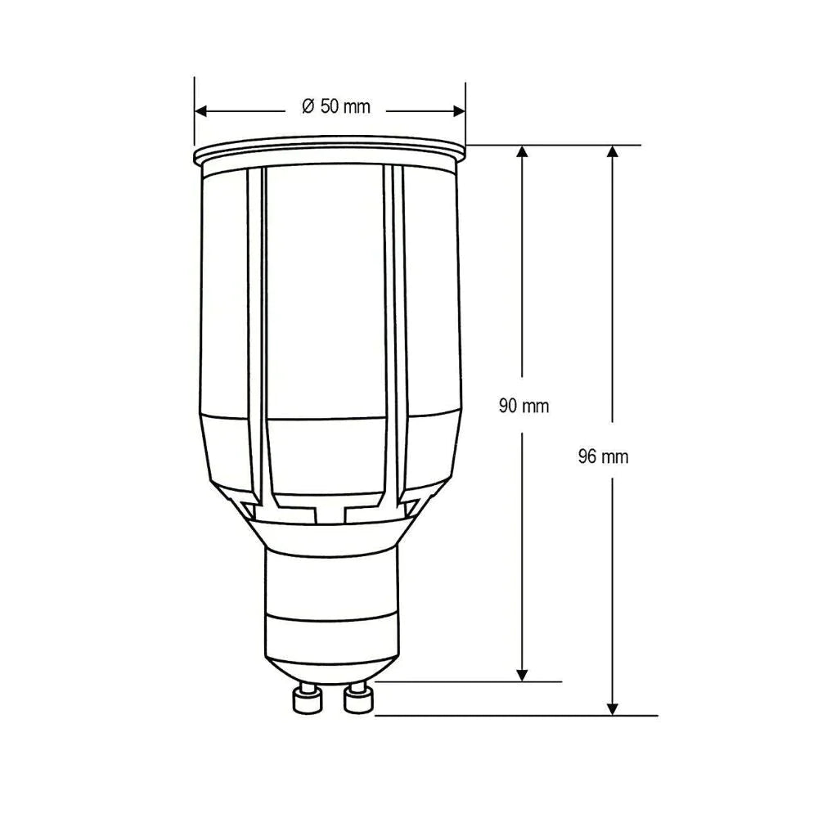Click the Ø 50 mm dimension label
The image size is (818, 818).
click(x=335, y=107)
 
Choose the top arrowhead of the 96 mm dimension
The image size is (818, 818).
click(x=613, y=152)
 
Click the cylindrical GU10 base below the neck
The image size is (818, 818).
click(x=331, y=605)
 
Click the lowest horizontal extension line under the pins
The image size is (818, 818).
click(x=515, y=715)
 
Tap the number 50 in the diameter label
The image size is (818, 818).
click(x=330, y=107)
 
